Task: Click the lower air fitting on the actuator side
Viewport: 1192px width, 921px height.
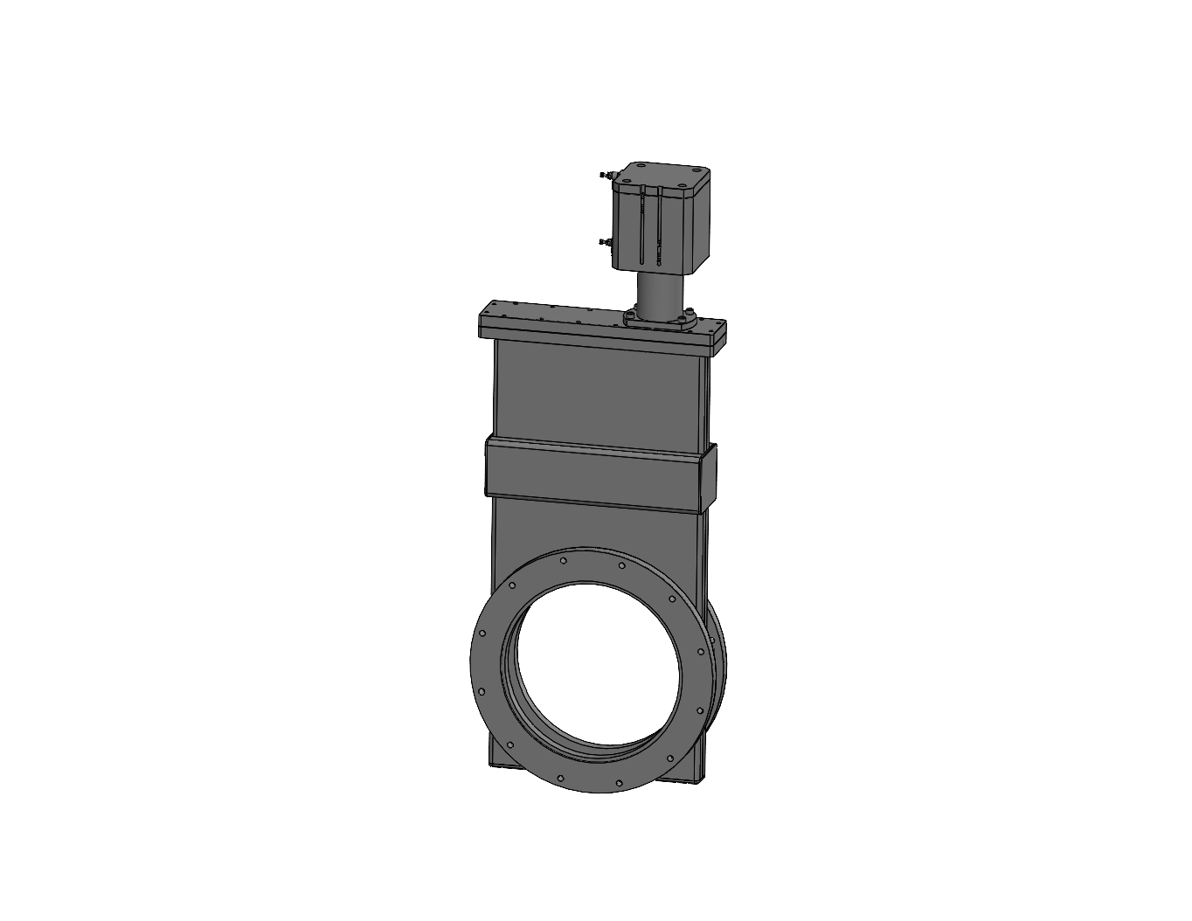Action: [603, 242]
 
